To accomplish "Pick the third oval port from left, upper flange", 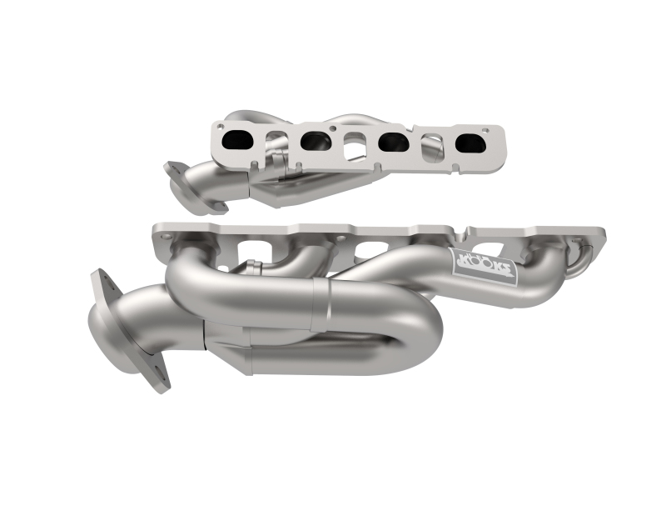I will (x=390, y=143).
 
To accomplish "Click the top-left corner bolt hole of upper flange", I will (x=219, y=128).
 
